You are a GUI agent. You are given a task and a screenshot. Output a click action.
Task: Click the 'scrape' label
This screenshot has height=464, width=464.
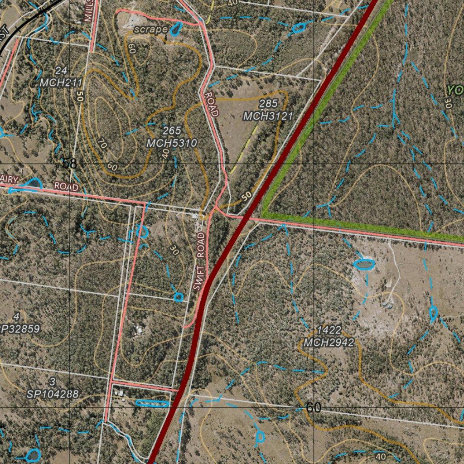(x=151, y=29)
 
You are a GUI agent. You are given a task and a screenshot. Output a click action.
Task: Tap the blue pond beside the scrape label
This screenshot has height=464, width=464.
(x=175, y=29)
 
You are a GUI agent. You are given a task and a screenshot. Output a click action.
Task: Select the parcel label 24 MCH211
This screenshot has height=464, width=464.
(x=61, y=77)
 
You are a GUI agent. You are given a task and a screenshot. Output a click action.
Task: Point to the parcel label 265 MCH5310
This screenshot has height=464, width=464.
(x=172, y=137)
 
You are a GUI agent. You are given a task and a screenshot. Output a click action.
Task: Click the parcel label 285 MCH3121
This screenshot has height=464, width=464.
(x=268, y=110)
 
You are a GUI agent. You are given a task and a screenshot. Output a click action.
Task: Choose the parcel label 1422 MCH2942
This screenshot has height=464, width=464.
(x=329, y=336)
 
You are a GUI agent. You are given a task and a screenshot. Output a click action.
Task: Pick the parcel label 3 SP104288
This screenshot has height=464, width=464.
(x=53, y=388)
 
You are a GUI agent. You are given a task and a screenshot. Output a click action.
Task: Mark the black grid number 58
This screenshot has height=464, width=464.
(x=69, y=163)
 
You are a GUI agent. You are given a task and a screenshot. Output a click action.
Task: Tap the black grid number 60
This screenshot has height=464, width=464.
(x=313, y=407)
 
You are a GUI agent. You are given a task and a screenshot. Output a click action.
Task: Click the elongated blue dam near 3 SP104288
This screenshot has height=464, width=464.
(x=152, y=403)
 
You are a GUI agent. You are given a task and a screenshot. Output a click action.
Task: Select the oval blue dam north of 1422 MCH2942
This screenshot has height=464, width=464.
(x=364, y=264)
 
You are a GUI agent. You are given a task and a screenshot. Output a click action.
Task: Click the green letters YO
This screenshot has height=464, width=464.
(x=454, y=90)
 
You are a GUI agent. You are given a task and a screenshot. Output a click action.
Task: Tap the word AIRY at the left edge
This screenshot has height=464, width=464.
(x=10, y=180)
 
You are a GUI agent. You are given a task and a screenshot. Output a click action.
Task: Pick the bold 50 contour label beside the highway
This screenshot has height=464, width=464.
(x=246, y=196)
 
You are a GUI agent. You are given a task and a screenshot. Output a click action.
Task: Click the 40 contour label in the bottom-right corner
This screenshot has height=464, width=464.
(x=381, y=456)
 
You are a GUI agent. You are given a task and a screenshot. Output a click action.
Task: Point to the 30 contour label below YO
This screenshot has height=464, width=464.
(x=448, y=102)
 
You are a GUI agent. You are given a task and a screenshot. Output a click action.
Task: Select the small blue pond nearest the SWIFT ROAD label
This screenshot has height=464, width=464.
(x=179, y=297)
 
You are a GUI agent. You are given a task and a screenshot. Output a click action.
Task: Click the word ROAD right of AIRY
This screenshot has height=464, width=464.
(x=66, y=186)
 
